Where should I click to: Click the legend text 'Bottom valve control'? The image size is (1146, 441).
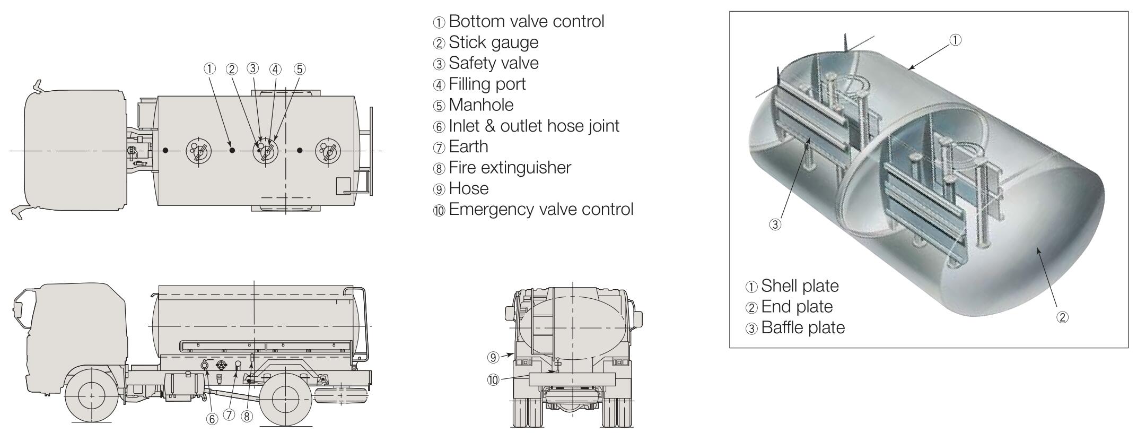[x=526, y=22]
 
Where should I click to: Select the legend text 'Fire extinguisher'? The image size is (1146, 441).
[x=510, y=168]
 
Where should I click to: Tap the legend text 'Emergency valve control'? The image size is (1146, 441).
[x=540, y=210]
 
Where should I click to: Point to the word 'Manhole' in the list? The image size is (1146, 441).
[x=481, y=105]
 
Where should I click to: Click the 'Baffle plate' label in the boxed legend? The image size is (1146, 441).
[x=802, y=328]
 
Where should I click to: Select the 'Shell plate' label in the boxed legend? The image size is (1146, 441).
[x=800, y=287]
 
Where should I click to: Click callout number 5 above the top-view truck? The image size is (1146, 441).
[x=300, y=69]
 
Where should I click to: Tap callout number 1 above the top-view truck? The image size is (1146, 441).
[x=209, y=68]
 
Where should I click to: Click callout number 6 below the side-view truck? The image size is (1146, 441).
[x=212, y=419]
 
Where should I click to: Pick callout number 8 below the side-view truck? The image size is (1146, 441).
[x=247, y=417]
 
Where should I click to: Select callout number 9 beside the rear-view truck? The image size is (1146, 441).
[x=493, y=358]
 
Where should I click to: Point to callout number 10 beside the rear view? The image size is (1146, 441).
[x=493, y=380]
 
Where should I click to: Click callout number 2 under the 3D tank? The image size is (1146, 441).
[x=1062, y=317]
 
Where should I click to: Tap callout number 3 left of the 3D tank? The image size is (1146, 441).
[x=775, y=224]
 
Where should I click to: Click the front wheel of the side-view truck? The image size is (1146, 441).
[x=91, y=396]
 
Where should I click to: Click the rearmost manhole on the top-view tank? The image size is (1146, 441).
[x=328, y=151]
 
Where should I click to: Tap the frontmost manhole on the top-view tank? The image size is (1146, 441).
[x=198, y=151]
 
